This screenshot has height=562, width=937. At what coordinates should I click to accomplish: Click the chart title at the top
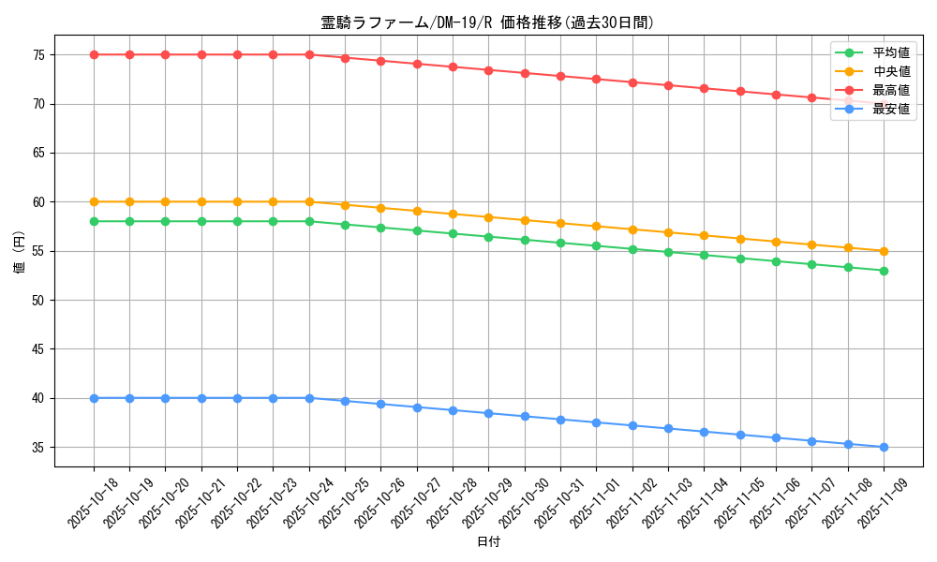487,22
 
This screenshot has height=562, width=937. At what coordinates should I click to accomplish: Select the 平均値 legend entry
891,52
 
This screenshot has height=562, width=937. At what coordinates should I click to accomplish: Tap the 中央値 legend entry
891,71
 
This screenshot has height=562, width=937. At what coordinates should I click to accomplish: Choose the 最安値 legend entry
891,109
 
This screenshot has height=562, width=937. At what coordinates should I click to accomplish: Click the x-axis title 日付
488,542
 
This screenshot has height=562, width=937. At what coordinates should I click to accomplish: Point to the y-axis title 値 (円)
20,251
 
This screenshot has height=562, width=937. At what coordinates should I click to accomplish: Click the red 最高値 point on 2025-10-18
94,54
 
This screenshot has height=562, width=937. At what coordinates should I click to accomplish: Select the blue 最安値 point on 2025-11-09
884,447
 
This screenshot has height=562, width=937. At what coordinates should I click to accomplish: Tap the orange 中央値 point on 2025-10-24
309,201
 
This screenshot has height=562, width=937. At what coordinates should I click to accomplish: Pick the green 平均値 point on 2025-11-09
884,271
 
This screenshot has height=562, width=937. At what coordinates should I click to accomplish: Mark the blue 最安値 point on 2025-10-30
525,416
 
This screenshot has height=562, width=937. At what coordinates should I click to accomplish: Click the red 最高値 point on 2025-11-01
597,79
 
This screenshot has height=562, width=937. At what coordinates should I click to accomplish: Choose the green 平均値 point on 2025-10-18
94,221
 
